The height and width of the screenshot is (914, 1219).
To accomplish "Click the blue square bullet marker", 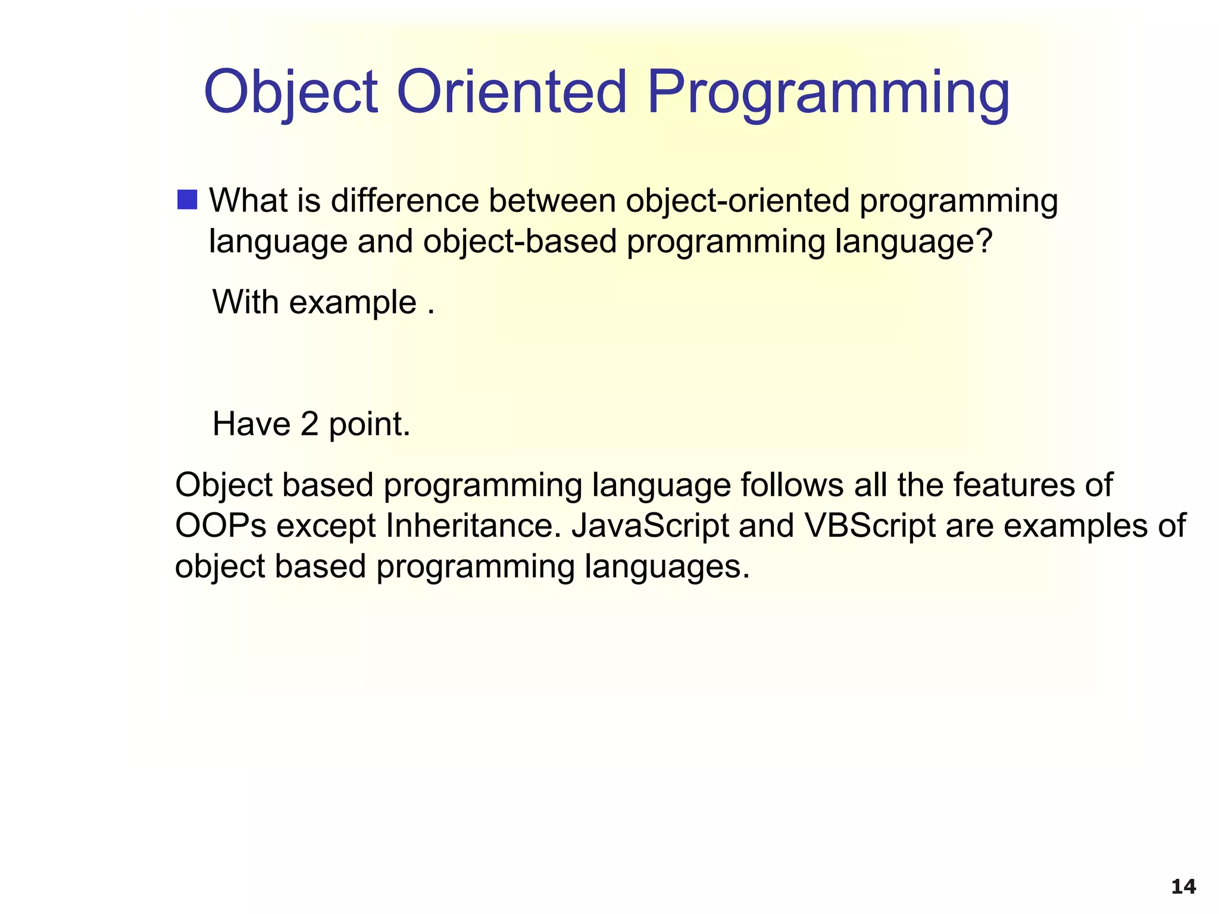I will pos(187,200).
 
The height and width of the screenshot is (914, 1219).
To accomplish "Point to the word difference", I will pos(405,201).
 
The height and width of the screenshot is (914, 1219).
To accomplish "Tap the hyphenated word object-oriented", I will pos(737,201).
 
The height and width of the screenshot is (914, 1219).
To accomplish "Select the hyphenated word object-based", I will pos(520,242).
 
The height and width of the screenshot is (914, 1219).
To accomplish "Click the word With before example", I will pos(246,302).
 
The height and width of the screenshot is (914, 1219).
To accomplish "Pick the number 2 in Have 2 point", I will pos(310,425).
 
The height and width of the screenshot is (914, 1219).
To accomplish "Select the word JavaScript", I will pos(650,526).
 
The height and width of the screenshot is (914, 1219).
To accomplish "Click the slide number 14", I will pos(1183,887).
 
